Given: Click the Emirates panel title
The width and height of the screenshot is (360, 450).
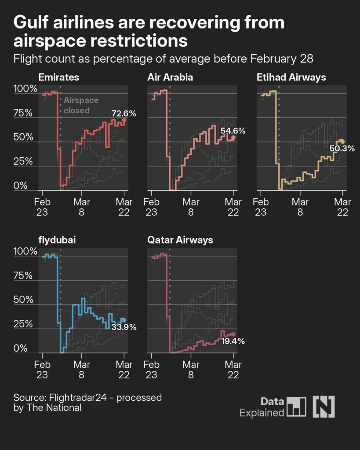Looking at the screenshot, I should [x=59, y=78].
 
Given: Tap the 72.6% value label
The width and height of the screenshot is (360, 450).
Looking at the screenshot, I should [x=124, y=113].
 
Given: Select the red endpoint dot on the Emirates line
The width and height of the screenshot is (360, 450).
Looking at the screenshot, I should [x=124, y=120].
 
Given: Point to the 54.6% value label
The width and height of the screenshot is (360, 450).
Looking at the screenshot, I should [x=233, y=131].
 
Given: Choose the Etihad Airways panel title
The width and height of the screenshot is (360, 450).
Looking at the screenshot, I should [x=291, y=78].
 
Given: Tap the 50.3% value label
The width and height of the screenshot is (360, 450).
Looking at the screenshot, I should [x=342, y=149].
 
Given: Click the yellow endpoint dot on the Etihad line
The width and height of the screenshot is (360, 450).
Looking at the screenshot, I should [x=342, y=141].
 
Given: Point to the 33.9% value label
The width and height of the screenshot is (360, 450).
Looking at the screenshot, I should [x=124, y=327].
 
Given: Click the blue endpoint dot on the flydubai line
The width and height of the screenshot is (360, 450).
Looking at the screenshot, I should [x=124, y=320].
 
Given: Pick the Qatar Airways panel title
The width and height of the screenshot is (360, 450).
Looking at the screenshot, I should [x=180, y=240].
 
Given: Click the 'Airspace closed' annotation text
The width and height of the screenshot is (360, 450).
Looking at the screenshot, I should [x=81, y=105].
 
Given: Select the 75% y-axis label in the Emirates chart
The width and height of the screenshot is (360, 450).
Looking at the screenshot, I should [x=23, y=113].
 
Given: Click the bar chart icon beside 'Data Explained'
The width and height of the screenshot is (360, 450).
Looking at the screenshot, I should [x=296, y=406].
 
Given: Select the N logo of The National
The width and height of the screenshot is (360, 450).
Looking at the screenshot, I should [x=324, y=406].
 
